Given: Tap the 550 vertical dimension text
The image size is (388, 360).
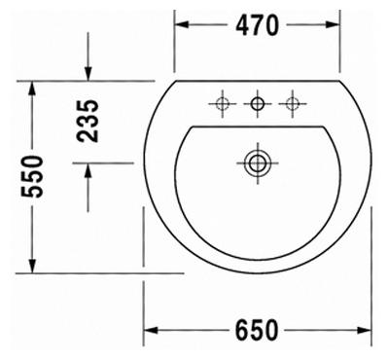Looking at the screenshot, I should click(x=35, y=177).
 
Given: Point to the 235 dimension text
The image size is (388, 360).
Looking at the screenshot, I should click(x=88, y=120).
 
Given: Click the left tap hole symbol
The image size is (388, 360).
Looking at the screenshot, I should click(x=222, y=103).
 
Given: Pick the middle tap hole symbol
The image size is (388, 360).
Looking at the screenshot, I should click(x=258, y=103).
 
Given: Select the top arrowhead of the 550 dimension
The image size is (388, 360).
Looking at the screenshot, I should click(x=33, y=88).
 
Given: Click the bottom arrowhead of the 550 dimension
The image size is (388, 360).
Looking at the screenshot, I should click(x=33, y=267).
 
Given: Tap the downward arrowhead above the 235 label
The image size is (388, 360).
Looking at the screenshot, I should click(x=88, y=76).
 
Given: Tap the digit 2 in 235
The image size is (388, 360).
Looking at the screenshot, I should click(x=88, y=136).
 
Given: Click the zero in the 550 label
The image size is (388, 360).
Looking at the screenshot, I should click(x=35, y=158).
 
